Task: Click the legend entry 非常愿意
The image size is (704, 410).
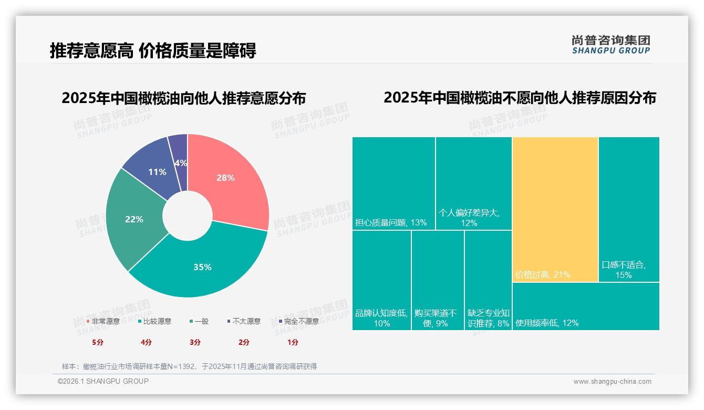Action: (x=103, y=321)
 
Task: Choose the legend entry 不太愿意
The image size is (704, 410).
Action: (x=244, y=321)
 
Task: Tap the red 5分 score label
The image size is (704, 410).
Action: (x=98, y=342)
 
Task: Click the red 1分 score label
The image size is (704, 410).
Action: (x=293, y=342)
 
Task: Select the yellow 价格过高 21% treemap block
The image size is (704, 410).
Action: (x=555, y=209)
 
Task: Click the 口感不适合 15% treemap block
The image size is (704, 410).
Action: (x=629, y=209)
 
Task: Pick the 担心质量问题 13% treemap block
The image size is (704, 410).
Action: (x=394, y=183)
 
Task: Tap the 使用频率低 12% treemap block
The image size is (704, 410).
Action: (x=585, y=306)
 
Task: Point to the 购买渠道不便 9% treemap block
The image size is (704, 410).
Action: (x=438, y=280)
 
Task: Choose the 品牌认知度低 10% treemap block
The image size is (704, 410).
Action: (x=381, y=280)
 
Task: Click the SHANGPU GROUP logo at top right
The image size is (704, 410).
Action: (x=610, y=44)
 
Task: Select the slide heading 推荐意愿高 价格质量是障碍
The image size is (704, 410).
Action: (x=153, y=50)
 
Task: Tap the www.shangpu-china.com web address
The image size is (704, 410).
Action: (x=612, y=382)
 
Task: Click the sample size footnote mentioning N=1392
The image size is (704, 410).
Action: (x=189, y=366)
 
